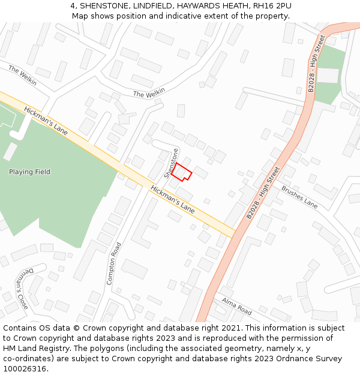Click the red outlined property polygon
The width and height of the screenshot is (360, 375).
click(x=182, y=172)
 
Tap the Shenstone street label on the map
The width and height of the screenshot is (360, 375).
click(x=172, y=163)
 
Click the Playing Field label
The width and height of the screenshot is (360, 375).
click(x=29, y=172)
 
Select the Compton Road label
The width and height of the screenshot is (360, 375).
click(x=114, y=263)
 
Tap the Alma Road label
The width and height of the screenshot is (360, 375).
click(x=236, y=306)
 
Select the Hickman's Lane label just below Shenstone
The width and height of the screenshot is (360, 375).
click(x=172, y=199)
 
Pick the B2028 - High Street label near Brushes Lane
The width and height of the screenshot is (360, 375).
click(x=263, y=192)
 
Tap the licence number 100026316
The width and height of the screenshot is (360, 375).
click(x=25, y=369)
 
